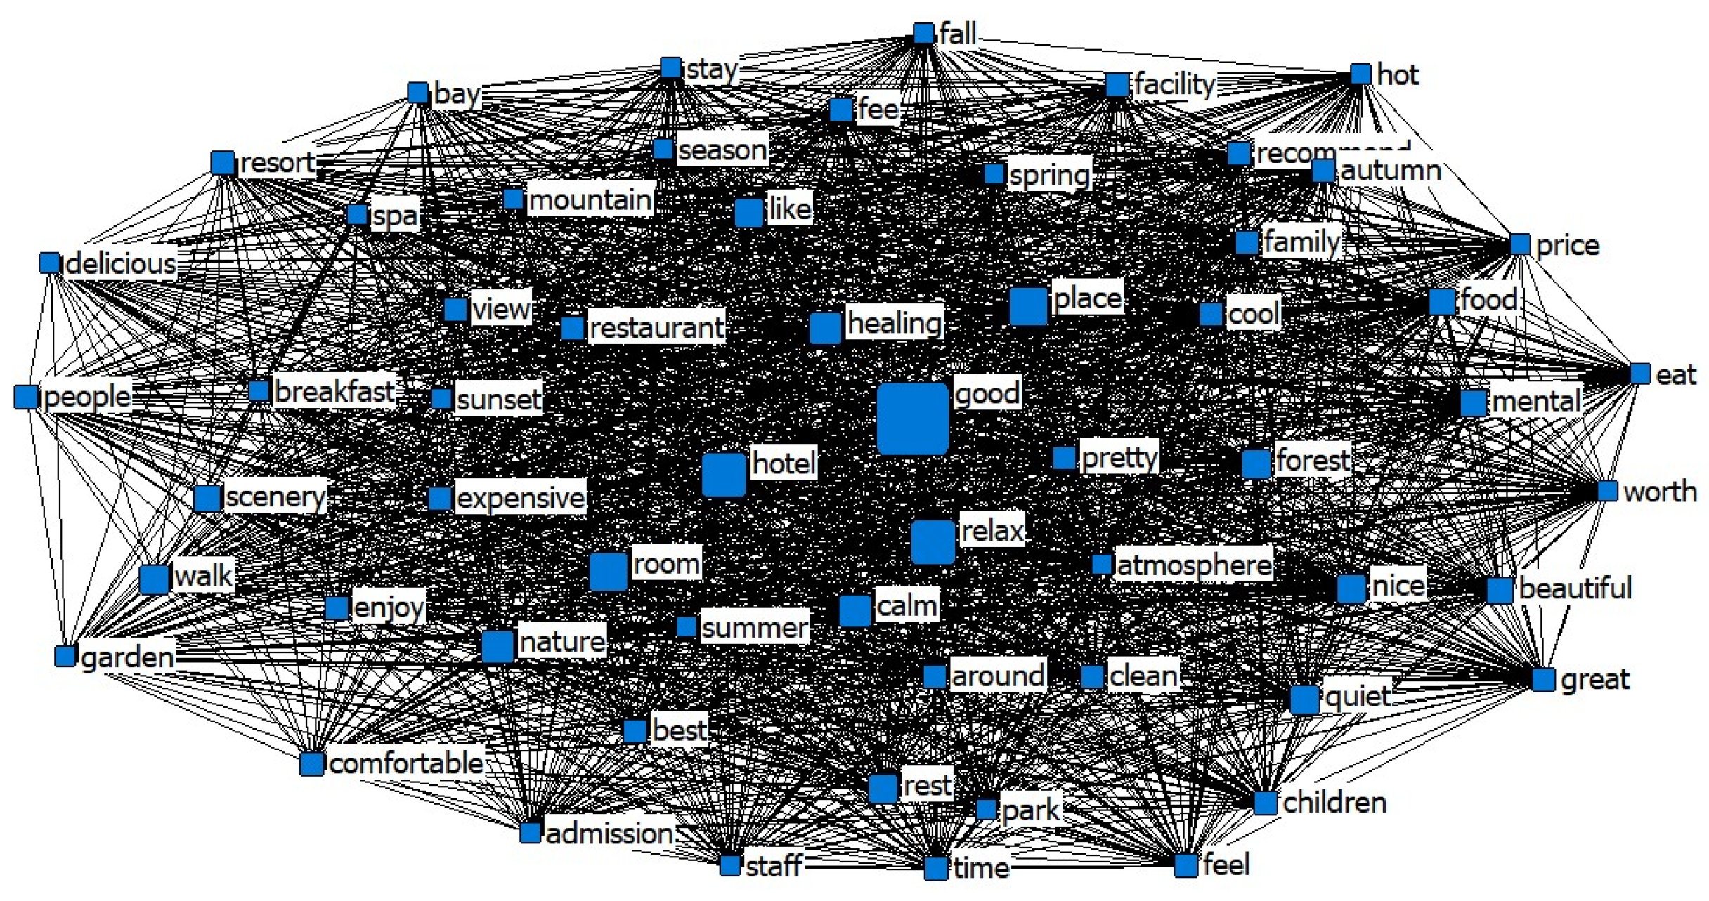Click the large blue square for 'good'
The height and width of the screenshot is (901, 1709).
tap(912, 419)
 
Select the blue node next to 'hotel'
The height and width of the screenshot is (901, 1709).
tap(723, 475)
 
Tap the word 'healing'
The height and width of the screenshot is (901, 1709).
tap(894, 323)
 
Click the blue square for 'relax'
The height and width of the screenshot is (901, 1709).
tap(933, 542)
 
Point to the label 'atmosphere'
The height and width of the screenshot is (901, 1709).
tap(1193, 565)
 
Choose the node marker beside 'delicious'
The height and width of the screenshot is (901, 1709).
tap(49, 263)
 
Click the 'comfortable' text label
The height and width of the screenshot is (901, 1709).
tap(406, 763)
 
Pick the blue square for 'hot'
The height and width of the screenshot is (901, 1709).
tap(1360, 74)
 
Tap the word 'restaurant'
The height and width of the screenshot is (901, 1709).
tap(656, 327)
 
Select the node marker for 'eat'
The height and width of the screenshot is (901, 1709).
tap(1639, 374)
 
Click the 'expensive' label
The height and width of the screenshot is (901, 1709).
tap(520, 498)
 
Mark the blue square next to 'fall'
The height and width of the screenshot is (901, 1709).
tap(923, 34)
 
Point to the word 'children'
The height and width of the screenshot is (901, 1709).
tap(1334, 802)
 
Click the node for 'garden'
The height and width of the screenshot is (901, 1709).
tap(65, 657)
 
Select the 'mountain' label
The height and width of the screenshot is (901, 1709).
tap(590, 200)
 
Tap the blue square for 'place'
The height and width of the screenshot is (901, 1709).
tap(1028, 306)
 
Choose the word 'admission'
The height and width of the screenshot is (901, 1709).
tap(609, 834)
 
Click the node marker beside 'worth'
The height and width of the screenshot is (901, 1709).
tap(1607, 491)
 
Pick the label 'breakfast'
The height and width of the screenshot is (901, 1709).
tap(334, 391)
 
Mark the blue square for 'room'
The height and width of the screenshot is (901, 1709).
tap(608, 572)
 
